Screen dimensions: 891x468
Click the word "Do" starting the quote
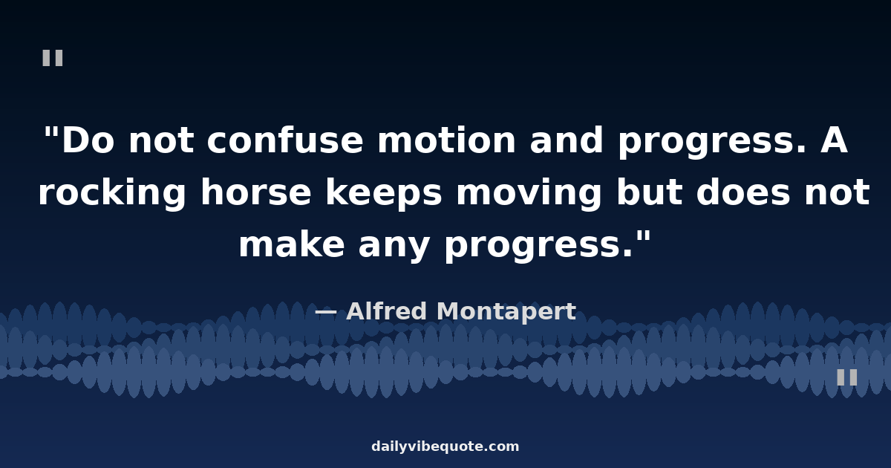point(88,140)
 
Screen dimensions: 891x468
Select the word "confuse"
point(285,140)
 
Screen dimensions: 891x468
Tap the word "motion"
point(446,140)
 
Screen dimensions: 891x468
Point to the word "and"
point(567,140)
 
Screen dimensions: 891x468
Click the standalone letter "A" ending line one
point(834,140)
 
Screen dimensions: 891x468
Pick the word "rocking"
point(112,192)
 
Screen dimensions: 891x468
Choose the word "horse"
point(255,192)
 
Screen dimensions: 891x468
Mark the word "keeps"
point(384,192)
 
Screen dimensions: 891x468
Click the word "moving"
point(529,192)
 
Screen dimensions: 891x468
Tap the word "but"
point(650,192)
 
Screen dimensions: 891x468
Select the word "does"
point(743,192)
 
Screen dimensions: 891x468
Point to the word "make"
point(292,244)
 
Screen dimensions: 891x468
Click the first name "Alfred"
point(387,311)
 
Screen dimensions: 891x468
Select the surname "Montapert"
point(506,311)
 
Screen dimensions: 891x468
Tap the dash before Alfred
point(326,312)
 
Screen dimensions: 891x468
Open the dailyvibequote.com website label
point(445,446)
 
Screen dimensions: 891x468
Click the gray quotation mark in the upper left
point(53,58)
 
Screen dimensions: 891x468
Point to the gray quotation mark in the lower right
point(847,377)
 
